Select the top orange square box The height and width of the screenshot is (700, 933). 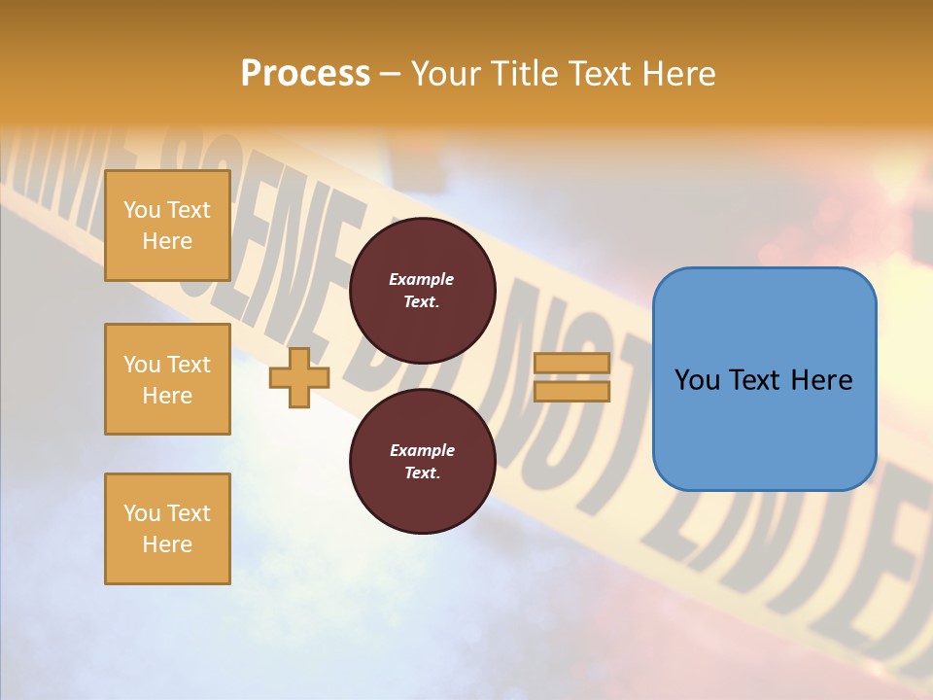[x=167, y=226]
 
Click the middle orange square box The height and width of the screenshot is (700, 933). [x=167, y=379]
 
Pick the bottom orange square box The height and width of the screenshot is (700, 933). [x=167, y=529]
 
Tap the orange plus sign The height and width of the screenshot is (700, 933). [x=298, y=377]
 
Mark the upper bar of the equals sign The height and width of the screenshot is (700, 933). [x=571, y=364]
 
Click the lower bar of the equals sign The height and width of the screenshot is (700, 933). [x=571, y=391]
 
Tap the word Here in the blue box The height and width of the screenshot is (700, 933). [x=821, y=380]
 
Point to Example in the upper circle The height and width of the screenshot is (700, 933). [x=422, y=279]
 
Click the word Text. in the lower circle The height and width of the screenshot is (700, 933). [x=422, y=473]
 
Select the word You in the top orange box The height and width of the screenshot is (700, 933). [x=142, y=210]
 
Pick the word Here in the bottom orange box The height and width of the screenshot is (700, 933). [x=167, y=544]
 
